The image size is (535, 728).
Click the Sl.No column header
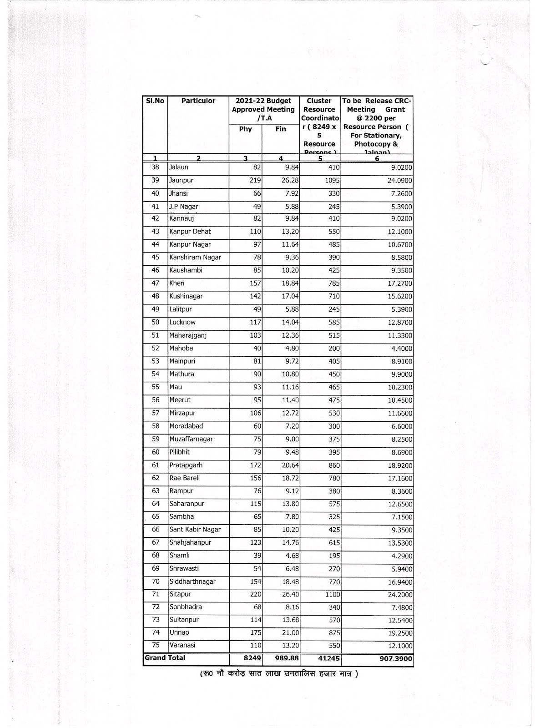[x=155, y=101]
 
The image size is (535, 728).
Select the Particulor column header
[x=198, y=101]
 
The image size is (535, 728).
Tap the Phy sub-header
[x=245, y=129]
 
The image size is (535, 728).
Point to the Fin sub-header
[x=281, y=129]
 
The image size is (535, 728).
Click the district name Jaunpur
[x=181, y=181]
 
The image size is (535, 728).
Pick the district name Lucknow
[x=182, y=322]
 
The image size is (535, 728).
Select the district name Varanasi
[x=182, y=645]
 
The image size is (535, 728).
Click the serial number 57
[x=155, y=413]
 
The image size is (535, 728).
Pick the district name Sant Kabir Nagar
[x=195, y=530]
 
